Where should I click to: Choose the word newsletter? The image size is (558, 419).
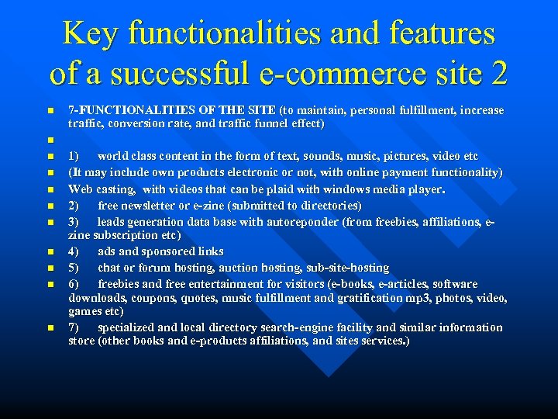pos(158,206)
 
